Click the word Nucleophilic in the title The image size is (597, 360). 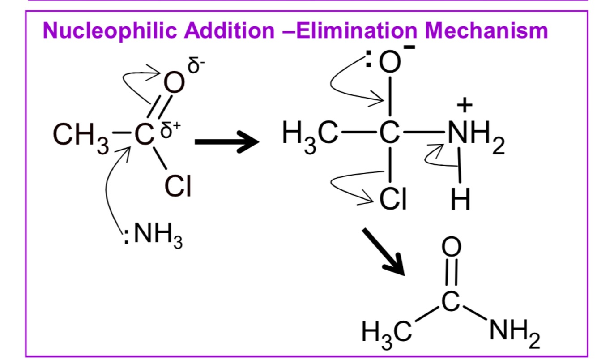(x=110, y=30)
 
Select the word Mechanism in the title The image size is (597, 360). (x=486, y=30)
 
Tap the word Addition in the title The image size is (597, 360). (x=229, y=30)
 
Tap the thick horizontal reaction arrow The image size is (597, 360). (x=227, y=141)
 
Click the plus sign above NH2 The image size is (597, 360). (x=465, y=105)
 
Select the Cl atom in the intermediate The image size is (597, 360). (x=393, y=199)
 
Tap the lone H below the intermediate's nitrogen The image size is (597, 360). (x=460, y=199)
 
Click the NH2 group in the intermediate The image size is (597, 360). (x=476, y=136)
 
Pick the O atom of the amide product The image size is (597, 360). (x=451, y=246)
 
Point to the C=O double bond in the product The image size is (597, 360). (x=451, y=272)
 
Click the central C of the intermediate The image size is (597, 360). (x=389, y=133)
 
